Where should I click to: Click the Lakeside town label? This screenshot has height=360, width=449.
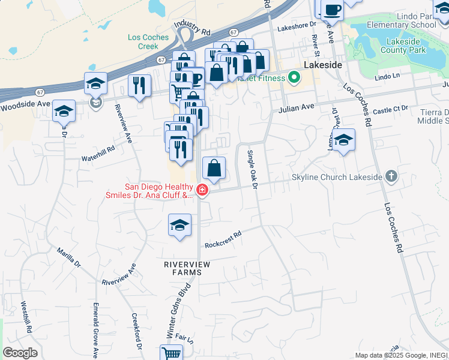click(x=323, y=64)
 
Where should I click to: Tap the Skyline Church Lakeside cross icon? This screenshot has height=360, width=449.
click(x=391, y=176)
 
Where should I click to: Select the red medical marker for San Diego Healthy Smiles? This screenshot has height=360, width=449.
click(x=202, y=191)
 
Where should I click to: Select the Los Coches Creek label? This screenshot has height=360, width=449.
click(x=148, y=41)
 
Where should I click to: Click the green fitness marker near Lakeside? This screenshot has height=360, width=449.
click(x=294, y=77)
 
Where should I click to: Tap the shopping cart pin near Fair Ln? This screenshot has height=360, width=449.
click(x=172, y=353)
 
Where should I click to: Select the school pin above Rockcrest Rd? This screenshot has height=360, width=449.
click(x=179, y=225)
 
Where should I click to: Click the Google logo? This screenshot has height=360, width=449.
click(x=19, y=353)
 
